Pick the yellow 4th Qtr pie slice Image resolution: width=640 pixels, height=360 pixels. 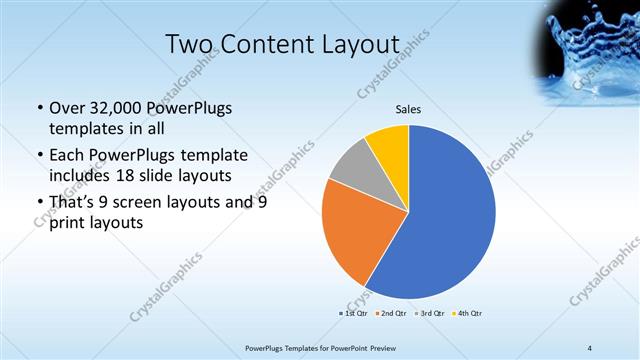coord(388,145)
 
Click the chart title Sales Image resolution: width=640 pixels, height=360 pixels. coord(409,109)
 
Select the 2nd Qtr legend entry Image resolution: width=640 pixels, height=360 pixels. coord(391,313)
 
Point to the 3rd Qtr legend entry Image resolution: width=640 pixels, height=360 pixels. coord(429,313)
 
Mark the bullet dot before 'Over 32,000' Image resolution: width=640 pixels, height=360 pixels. coord(39,109)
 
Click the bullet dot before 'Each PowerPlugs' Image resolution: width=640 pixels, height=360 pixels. coord(39,155)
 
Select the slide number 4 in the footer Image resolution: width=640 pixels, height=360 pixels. coord(591,347)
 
